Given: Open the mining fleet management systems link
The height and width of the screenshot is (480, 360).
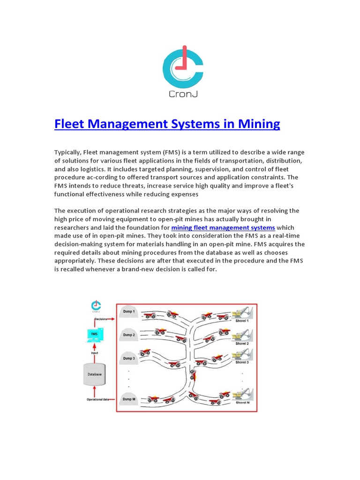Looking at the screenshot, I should (223, 227).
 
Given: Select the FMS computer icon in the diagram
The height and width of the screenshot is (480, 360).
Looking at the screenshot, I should (94, 334).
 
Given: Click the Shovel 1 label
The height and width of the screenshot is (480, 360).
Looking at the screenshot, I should (242, 321).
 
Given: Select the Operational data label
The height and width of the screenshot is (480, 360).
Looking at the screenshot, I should (98, 399).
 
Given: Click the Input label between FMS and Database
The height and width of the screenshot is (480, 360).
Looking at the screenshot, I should (94, 353).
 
